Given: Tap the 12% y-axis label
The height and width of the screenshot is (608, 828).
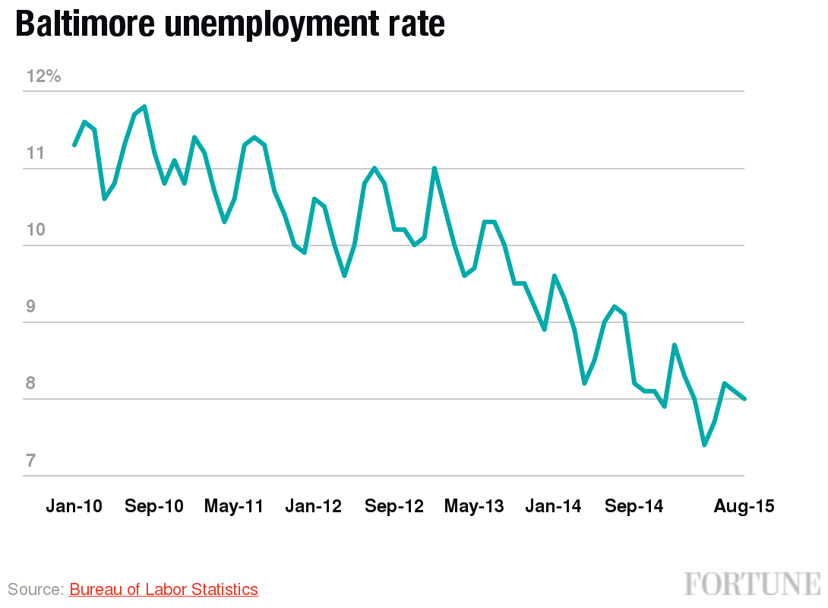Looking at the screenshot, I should pos(43,77).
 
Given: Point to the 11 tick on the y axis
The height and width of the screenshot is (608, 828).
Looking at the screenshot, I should pos(36,154).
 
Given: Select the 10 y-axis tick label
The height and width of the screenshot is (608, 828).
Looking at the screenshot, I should pos(36,230).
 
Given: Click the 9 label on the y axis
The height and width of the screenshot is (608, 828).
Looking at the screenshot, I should pos(31,307).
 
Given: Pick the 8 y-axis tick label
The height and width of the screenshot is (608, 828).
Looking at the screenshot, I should pos(31,384).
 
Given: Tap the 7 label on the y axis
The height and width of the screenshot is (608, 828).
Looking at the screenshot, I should pos(31,461).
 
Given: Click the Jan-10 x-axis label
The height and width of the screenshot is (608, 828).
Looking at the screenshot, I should pos(74,506).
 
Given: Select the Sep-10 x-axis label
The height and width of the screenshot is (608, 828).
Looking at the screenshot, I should pos(154,506).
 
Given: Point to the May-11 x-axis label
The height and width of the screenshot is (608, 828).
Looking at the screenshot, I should pos(234,506).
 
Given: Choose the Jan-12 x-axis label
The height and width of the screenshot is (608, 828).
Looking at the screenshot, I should pos(314,506).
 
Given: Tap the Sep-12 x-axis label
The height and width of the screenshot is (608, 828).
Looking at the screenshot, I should pos(393,506).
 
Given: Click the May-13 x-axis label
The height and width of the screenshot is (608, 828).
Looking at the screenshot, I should pos(474,506).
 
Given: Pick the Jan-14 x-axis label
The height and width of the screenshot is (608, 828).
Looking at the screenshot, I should pos(554,506).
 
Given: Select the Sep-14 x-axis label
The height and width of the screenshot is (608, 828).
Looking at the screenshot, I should pos(634,506).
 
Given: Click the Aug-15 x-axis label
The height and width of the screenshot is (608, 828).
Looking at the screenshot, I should pos(744,506).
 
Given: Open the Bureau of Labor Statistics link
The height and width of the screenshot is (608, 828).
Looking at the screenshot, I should pos(163,589).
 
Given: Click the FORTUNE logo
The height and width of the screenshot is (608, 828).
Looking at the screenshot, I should pos(752,584).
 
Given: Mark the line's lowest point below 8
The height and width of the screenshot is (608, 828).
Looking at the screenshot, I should pos(705,445).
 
